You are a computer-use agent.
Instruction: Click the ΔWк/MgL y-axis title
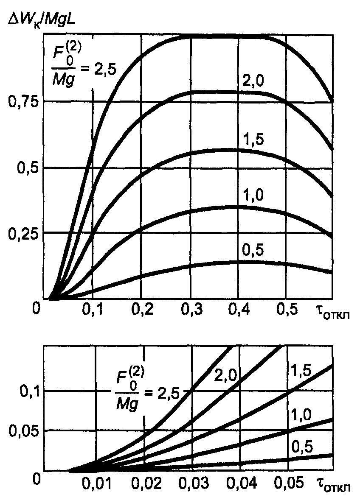(x=42, y=20)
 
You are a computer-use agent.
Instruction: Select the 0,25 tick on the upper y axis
(x=23, y=234)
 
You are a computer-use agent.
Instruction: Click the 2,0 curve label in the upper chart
(x=253, y=81)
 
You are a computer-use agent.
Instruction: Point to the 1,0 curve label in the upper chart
(x=253, y=195)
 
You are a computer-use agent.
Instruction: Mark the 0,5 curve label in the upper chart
(x=253, y=250)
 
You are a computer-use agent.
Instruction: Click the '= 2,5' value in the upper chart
(x=98, y=69)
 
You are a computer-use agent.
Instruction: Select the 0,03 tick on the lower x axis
(x=194, y=483)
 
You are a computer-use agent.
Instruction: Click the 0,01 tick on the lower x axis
(x=97, y=483)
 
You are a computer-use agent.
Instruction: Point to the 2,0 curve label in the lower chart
(x=225, y=374)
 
